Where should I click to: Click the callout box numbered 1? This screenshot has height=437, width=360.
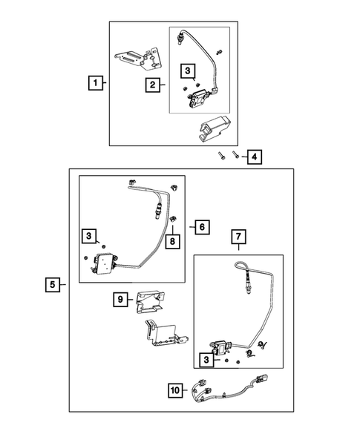[94, 83]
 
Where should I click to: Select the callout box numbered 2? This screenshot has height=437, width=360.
[151, 85]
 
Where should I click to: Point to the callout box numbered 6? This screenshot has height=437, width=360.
[201, 227]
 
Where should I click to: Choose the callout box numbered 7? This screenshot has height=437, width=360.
[238, 237]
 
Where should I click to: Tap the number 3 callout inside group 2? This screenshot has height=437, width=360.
[189, 70]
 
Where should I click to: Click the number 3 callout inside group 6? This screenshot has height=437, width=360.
[88, 236]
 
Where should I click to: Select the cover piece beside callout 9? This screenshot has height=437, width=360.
[151, 300]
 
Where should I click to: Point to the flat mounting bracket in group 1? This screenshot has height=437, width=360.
[139, 57]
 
